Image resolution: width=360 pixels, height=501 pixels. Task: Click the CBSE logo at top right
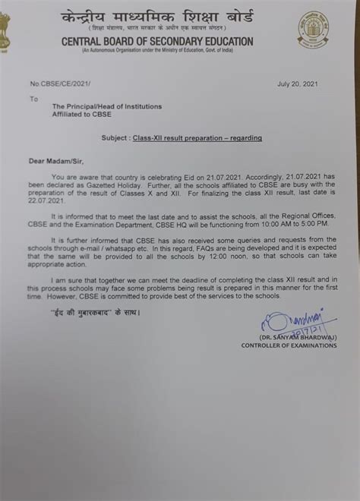[x=313, y=30]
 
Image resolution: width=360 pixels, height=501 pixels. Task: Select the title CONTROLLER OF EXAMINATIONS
[x=289, y=345]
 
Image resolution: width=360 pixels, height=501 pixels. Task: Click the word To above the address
[x=33, y=99]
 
